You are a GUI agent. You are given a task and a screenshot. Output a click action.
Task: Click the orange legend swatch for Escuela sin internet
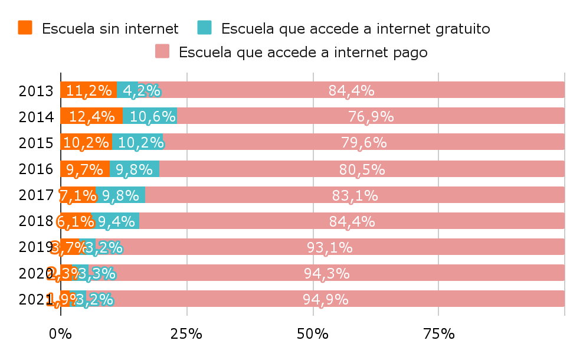pyautogui.click(x=25, y=28)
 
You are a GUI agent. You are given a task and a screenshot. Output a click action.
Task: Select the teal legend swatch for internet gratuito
pyautogui.click(x=204, y=28)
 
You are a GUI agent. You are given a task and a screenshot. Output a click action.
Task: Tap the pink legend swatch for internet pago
pyautogui.click(x=162, y=52)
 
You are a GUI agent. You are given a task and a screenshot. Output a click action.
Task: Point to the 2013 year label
pyautogui.click(x=37, y=91)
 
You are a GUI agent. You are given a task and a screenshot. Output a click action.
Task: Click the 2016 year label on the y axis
pyautogui.click(x=37, y=169)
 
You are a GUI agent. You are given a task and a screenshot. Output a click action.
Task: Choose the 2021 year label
pyautogui.click(x=32, y=299)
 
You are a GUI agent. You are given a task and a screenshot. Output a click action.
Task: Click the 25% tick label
pyautogui.click(x=186, y=334)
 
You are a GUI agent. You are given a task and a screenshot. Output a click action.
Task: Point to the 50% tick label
pyautogui.click(x=313, y=334)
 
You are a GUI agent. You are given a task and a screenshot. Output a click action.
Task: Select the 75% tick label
pyautogui.click(x=439, y=334)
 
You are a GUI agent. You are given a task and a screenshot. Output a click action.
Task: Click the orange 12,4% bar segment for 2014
pyautogui.click(x=91, y=116)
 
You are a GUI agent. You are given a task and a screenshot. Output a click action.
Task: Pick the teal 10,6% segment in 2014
pyautogui.click(x=150, y=116)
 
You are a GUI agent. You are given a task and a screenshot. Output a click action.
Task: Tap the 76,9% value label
pyautogui.click(x=371, y=116)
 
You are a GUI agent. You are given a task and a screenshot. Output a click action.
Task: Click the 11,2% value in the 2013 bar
pyautogui.click(x=89, y=90)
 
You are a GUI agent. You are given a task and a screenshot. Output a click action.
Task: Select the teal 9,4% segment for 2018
pyautogui.click(x=116, y=221)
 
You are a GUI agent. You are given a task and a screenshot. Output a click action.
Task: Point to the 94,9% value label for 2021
pyautogui.click(x=326, y=299)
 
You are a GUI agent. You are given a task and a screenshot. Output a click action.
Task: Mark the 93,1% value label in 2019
pyautogui.click(x=329, y=247)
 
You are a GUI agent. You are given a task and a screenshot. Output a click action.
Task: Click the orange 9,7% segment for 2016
pyautogui.click(x=85, y=169)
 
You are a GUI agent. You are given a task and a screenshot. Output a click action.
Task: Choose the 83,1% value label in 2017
pyautogui.click(x=355, y=195)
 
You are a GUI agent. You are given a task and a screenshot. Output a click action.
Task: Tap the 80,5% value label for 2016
pyautogui.click(x=362, y=169)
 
